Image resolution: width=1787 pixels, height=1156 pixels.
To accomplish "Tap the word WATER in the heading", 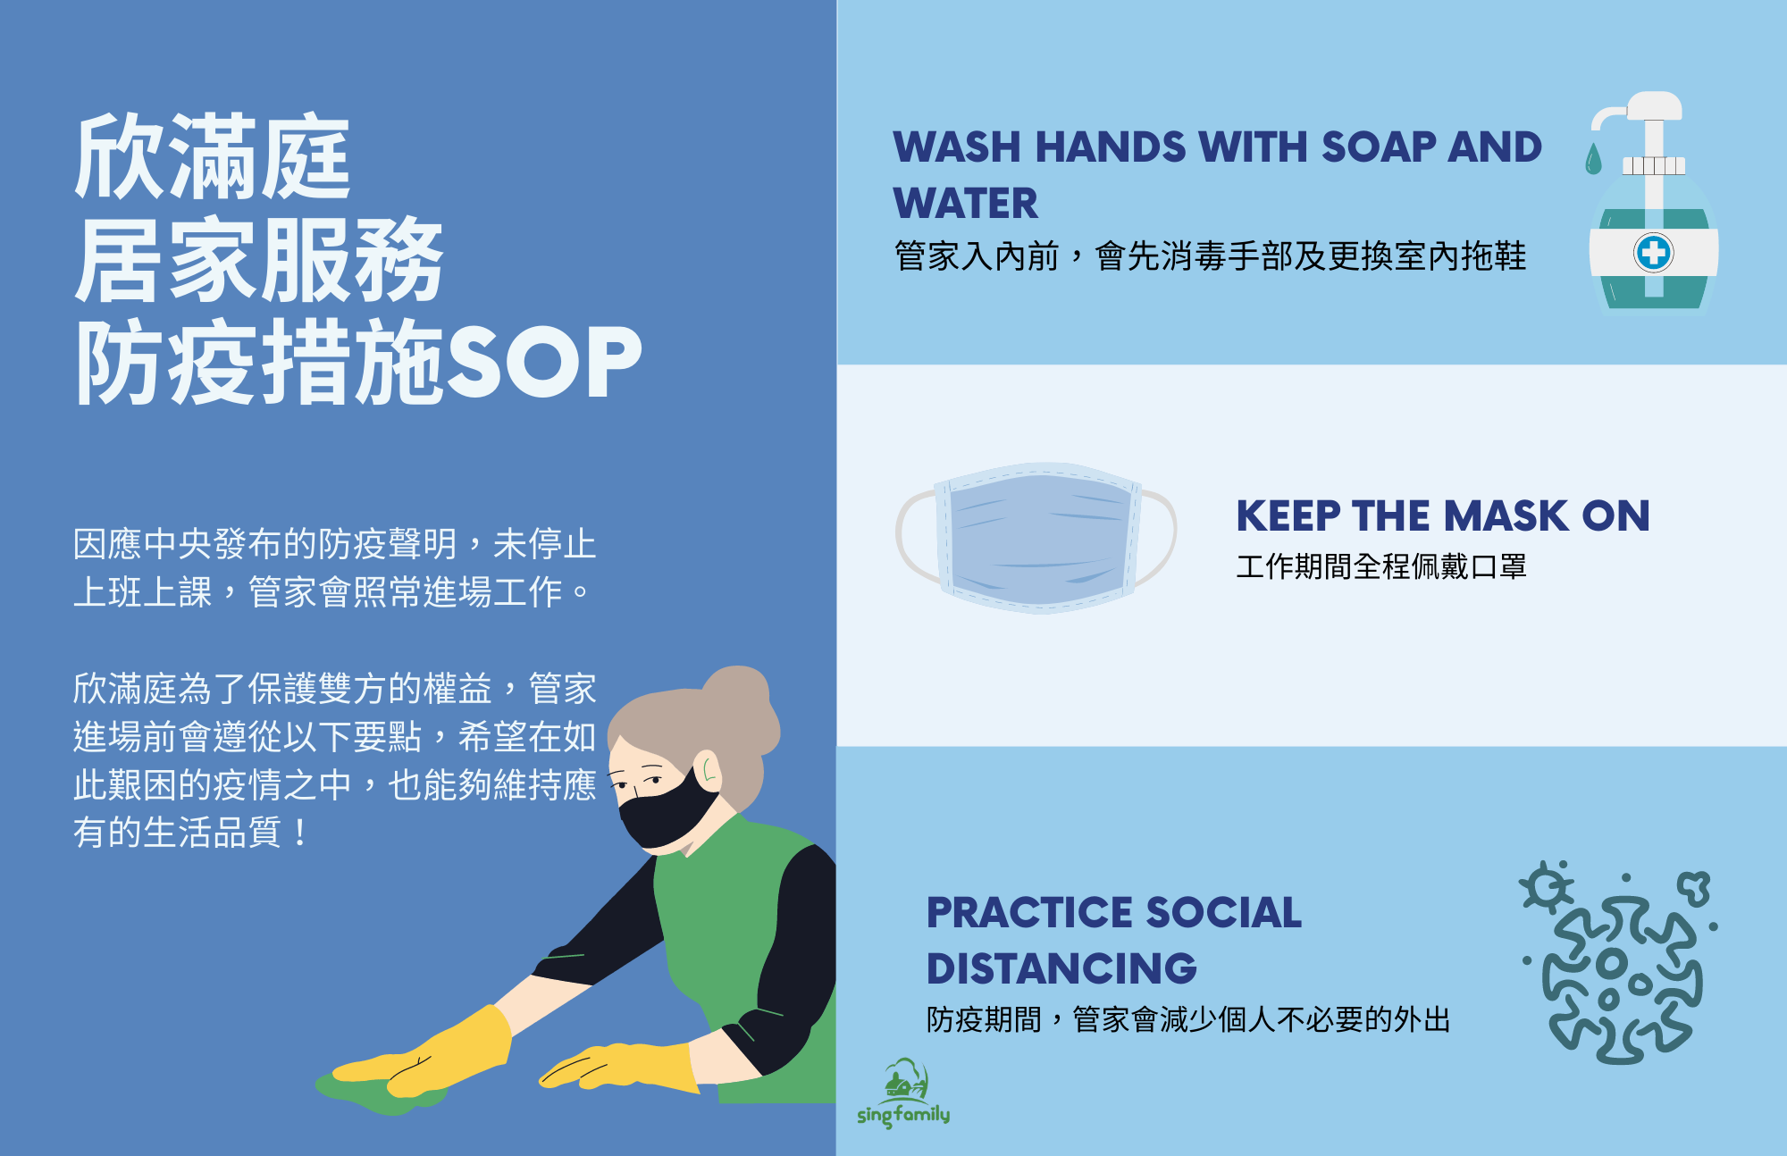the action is (966, 203).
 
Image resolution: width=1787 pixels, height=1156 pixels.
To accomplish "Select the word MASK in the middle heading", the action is (1506, 516).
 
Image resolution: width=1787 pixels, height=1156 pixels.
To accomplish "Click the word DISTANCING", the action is (1061, 968).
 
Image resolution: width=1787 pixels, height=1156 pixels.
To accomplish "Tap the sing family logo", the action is (903, 1093).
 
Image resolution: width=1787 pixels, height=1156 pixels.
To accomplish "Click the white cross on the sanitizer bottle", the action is (1654, 253).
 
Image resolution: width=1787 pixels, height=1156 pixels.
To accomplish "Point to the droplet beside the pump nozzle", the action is (1593, 159).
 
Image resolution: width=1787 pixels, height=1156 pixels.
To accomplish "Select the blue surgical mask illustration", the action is (1036, 538).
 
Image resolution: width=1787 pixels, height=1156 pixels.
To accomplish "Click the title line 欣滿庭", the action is (213, 157).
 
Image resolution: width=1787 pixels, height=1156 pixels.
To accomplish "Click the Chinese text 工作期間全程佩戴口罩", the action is (1381, 566).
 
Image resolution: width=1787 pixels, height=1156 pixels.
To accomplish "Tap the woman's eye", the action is (655, 780).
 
